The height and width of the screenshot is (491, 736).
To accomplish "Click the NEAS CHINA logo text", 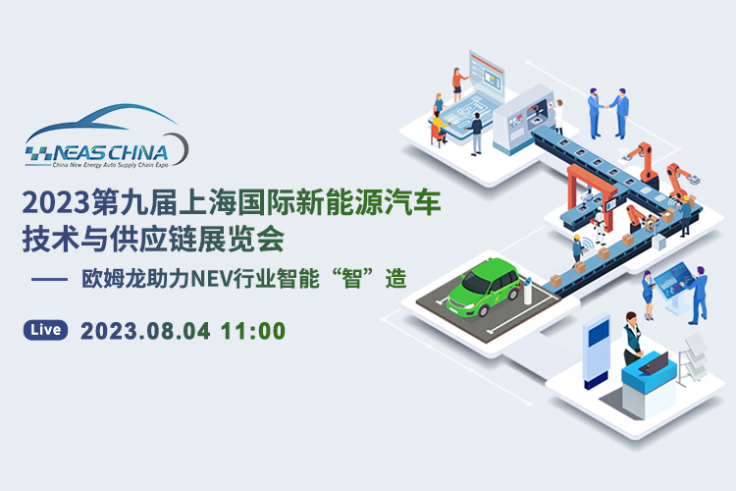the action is [110, 153].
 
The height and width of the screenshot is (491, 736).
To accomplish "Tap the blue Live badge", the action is [45, 330].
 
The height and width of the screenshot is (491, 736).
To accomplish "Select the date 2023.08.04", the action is [145, 331].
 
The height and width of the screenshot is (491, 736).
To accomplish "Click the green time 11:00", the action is [253, 331].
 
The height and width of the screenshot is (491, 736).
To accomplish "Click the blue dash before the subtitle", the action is [50, 279].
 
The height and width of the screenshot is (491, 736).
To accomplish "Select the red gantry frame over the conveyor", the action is [590, 192].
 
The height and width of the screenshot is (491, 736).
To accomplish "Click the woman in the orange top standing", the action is [458, 84].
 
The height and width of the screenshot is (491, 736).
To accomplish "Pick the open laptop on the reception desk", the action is [655, 363].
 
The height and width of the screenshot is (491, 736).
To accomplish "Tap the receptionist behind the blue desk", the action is [632, 338].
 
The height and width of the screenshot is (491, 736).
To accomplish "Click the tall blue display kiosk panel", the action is [596, 350].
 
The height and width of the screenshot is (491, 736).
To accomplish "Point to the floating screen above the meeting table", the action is [487, 78].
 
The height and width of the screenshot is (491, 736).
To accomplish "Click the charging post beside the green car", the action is [528, 291].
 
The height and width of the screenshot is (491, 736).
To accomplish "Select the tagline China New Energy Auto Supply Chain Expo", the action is [110, 165].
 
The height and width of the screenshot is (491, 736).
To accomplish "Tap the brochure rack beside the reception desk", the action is [693, 359].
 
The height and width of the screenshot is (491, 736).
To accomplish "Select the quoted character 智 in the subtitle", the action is [352, 279].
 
